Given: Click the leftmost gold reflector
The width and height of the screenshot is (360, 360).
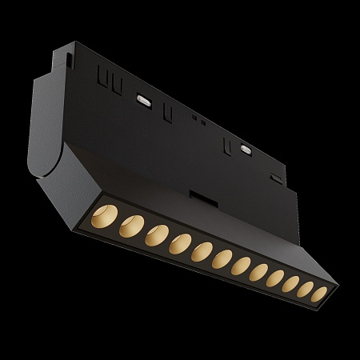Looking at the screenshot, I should tap(105, 218).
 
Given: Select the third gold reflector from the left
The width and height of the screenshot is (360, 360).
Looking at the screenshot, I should tap(157, 237).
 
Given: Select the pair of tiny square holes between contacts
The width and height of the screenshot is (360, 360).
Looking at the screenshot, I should tap(195, 119).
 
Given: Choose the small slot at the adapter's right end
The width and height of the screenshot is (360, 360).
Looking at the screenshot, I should tap(276, 178).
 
